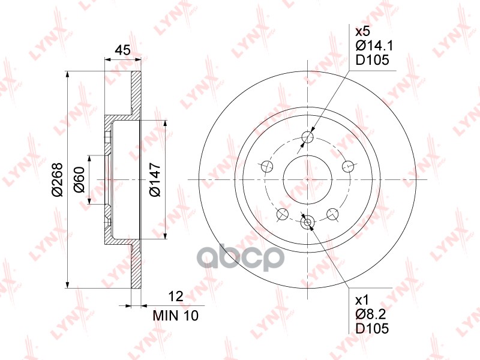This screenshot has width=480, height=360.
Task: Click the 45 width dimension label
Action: point(122,50)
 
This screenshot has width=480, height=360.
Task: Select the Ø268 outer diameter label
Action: point(57,179)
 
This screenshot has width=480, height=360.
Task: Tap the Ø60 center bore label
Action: point(79,179)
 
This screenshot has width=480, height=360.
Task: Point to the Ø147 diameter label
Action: point(155,179)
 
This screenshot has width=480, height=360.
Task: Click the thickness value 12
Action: point(176,296)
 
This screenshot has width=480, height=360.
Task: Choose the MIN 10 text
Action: point(176,316)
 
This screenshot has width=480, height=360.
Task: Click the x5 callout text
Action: point(363,31)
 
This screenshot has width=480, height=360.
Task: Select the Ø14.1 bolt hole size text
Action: point(374,46)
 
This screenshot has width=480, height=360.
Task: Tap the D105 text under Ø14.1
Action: point(372,60)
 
